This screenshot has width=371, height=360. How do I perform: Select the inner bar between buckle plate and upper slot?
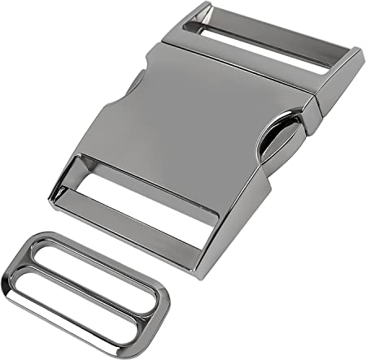[x=244, y=65]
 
